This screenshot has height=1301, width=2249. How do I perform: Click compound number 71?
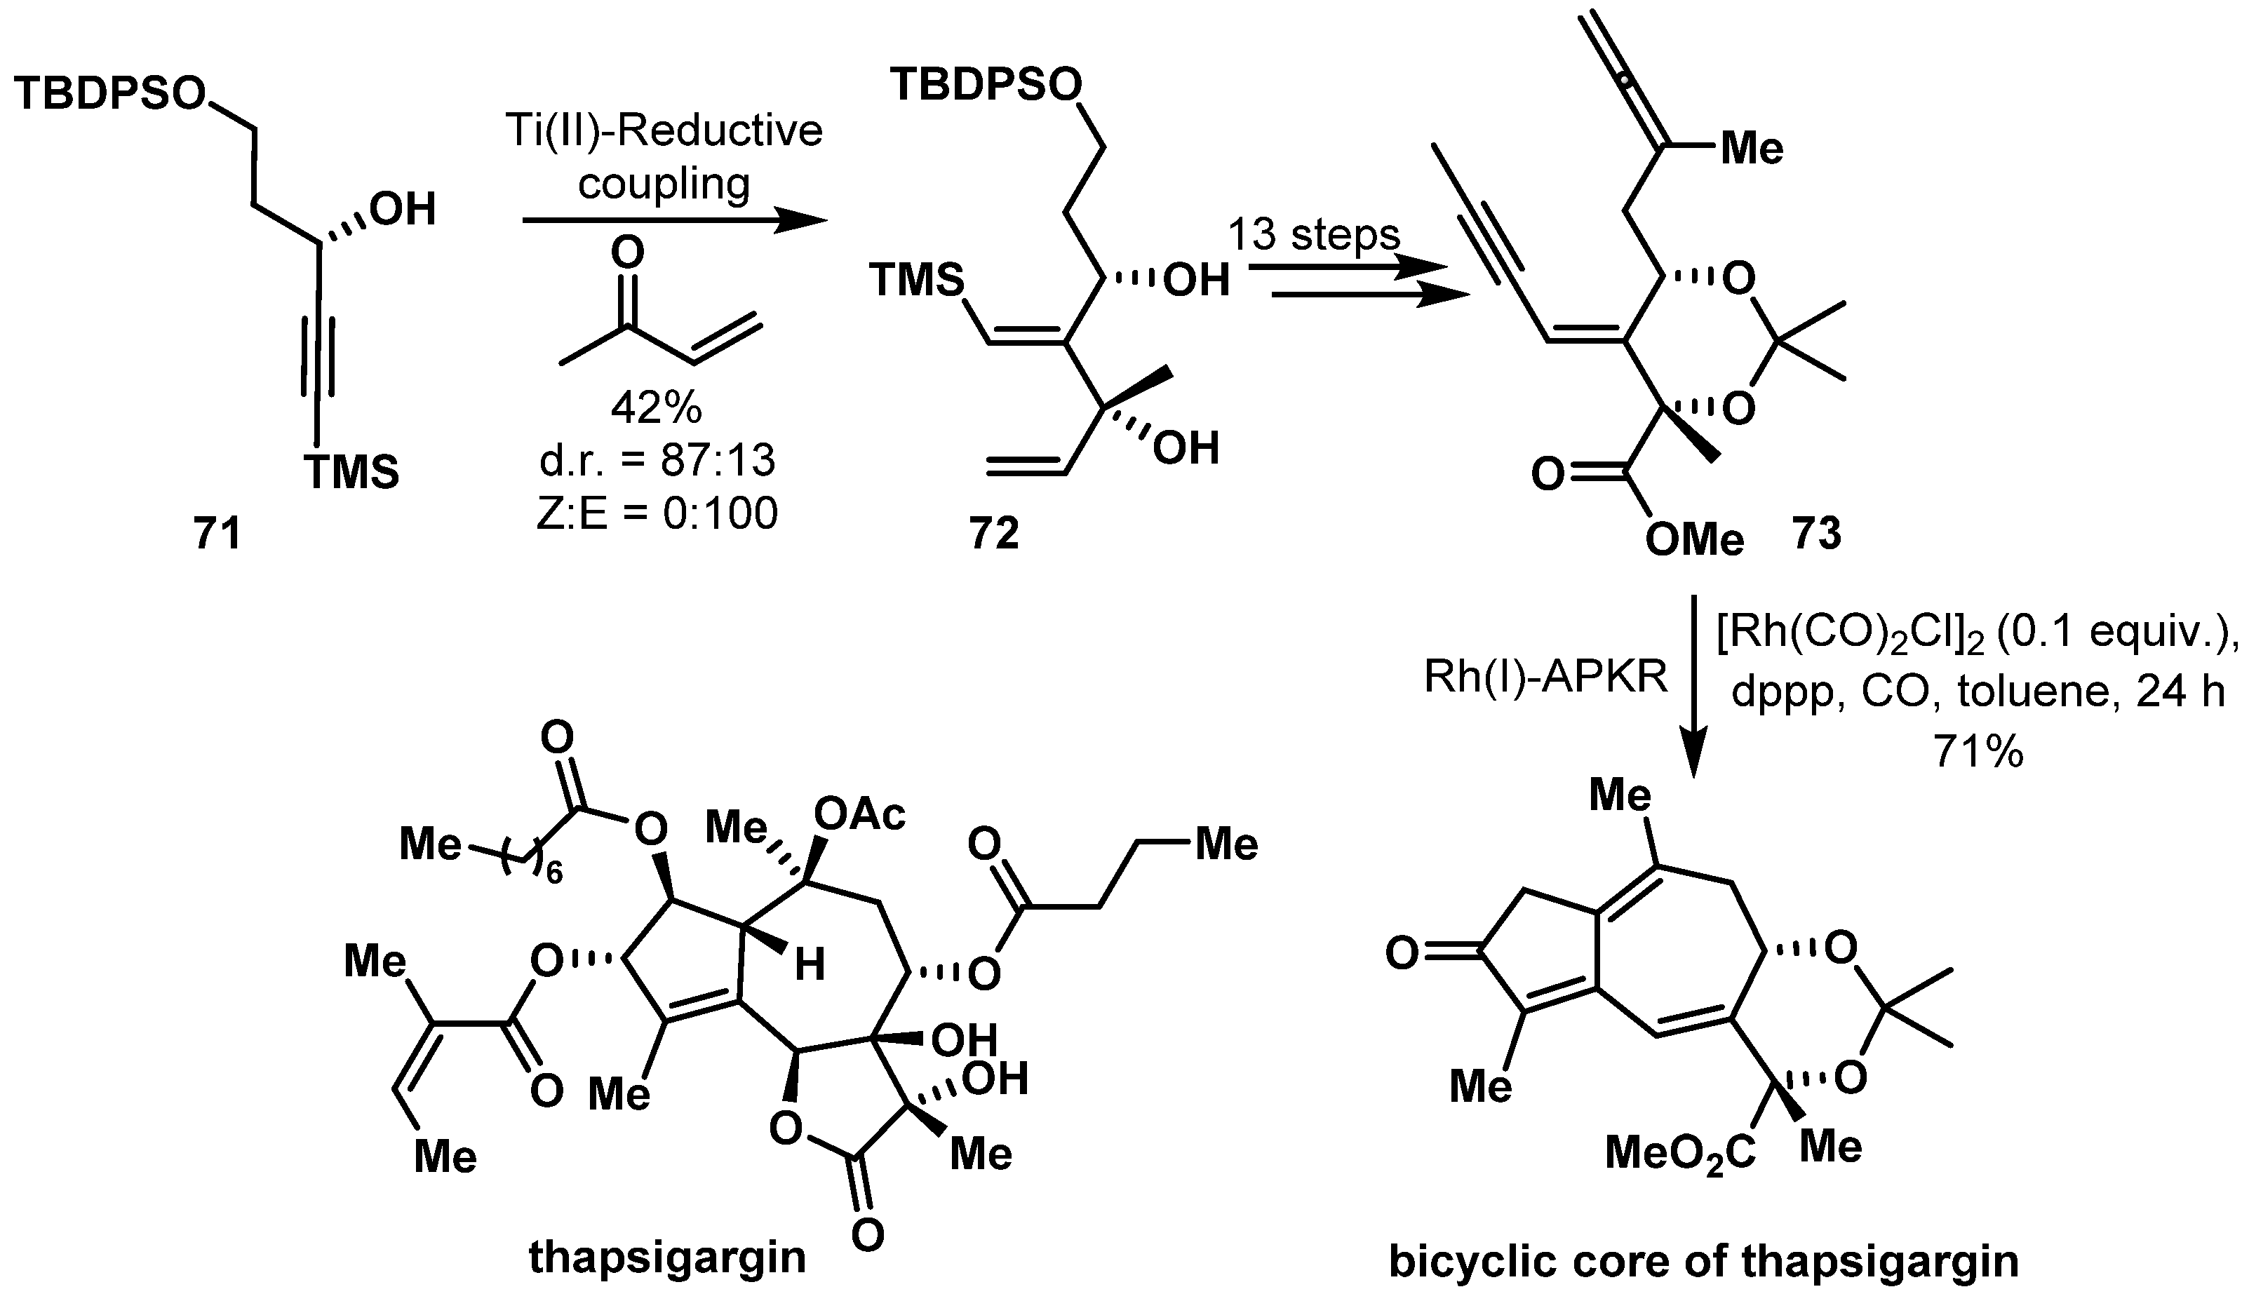pos(217,534)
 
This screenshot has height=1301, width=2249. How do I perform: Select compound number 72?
pos(993,534)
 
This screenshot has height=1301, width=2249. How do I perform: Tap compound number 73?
pos(1815,534)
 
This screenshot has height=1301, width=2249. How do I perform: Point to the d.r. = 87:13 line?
pos(656,461)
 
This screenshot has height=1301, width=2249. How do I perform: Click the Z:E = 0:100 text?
pos(656,514)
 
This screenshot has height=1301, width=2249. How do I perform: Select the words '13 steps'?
pos(1314,236)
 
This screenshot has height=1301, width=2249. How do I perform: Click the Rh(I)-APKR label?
pos(1545,678)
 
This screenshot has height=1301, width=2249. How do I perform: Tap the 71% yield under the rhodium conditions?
pos(1977,753)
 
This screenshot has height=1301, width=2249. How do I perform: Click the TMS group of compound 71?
pos(353,472)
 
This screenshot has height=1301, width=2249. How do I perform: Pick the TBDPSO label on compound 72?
pos(986,86)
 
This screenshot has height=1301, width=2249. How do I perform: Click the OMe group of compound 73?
pos(1693,540)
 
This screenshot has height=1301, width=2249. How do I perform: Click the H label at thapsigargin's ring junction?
pos(810,964)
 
